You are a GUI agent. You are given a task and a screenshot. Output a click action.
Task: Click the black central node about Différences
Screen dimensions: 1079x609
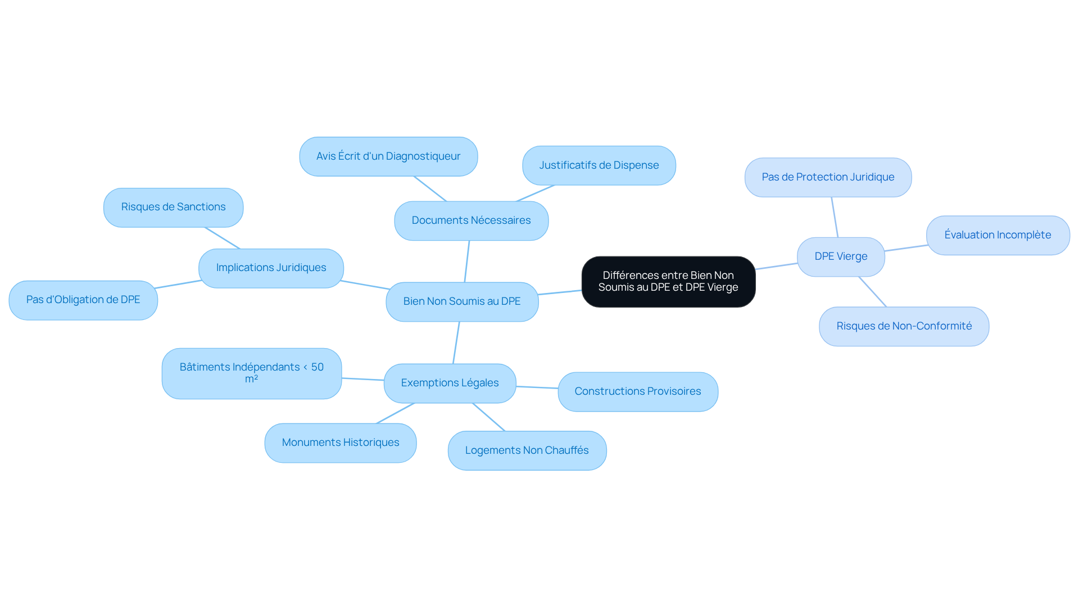click(x=668, y=282)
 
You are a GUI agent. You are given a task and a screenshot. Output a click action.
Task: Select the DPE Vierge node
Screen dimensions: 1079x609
click(x=841, y=256)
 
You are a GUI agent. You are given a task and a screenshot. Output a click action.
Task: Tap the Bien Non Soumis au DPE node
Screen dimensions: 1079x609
click(x=462, y=301)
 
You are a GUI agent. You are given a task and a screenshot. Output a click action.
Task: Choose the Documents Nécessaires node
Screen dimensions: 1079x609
click(x=471, y=220)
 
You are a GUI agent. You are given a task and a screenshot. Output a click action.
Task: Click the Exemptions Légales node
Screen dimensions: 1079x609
click(x=450, y=383)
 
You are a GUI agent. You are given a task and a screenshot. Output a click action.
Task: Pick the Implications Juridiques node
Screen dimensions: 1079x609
click(x=271, y=268)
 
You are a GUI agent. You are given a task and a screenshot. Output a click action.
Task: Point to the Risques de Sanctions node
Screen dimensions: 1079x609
click(x=173, y=207)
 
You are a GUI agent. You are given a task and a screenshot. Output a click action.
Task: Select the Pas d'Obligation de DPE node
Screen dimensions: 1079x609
click(x=83, y=300)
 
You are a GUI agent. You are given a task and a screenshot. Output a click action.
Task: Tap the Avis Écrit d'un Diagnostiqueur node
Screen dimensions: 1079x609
click(x=388, y=156)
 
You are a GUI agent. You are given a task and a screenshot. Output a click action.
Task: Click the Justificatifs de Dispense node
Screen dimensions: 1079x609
click(x=599, y=165)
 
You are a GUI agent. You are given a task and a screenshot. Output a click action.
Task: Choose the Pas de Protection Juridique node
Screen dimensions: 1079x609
click(x=828, y=177)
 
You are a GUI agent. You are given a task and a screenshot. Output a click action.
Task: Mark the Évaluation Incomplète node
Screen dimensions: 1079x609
click(x=998, y=235)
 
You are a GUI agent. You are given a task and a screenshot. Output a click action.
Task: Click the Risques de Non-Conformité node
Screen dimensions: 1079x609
click(x=904, y=326)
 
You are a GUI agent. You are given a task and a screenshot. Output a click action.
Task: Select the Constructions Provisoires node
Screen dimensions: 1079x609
click(x=638, y=391)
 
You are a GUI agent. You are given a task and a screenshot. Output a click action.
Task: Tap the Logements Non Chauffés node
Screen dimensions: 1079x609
click(x=527, y=450)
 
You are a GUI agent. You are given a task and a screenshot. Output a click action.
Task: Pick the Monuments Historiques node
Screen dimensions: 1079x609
click(x=341, y=443)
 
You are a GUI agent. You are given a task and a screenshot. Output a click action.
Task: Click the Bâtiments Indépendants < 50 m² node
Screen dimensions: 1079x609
click(x=252, y=373)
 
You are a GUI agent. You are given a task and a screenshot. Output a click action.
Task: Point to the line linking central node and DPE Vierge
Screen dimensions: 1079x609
click(x=776, y=266)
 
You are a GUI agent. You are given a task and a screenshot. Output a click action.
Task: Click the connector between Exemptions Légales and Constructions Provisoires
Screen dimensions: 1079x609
click(x=537, y=387)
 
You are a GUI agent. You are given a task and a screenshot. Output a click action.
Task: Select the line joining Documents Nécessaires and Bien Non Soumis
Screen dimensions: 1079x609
click(x=467, y=261)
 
